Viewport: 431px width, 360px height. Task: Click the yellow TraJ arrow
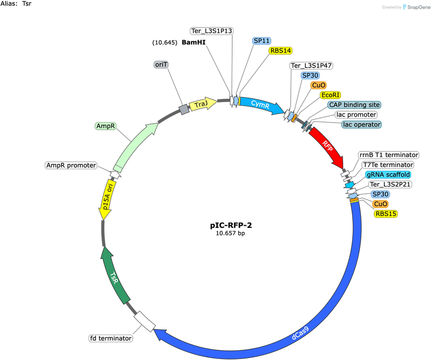[203, 104]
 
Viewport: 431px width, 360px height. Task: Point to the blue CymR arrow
[261, 105]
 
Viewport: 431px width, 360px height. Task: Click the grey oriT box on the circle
[184, 110]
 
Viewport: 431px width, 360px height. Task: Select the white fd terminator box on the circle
[145, 321]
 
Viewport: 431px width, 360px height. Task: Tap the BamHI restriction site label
[194, 42]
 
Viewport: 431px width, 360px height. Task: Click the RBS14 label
[281, 51]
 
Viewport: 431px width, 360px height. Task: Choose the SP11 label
[262, 41]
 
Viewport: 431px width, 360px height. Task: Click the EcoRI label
[330, 95]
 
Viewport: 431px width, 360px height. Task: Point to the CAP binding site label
[354, 105]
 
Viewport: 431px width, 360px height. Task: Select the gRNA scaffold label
[388, 174]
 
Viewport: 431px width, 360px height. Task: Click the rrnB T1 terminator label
[389, 155]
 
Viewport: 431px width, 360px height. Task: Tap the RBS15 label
[386, 214]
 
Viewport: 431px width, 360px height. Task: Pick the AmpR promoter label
[71, 165]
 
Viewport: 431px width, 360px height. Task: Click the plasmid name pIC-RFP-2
[231, 225]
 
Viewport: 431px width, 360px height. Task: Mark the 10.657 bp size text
[230, 233]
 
